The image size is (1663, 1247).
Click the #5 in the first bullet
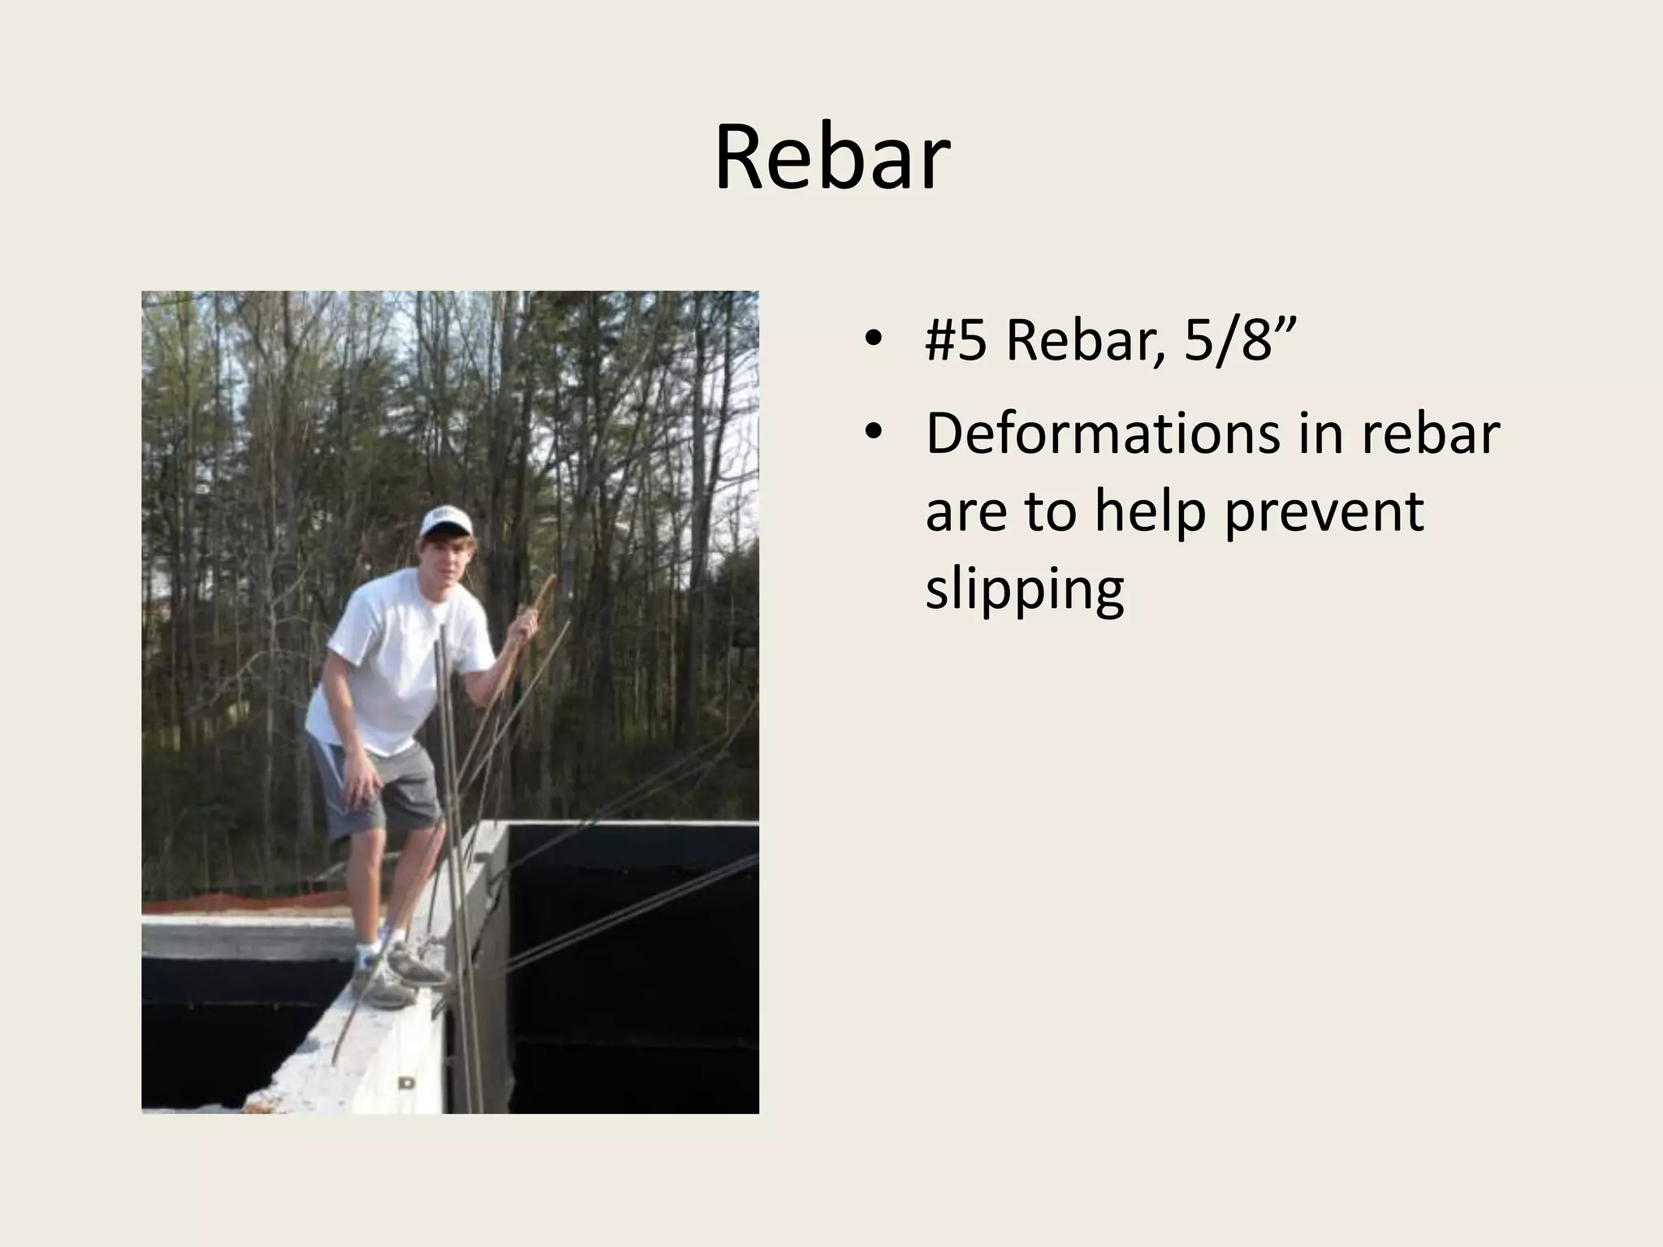(x=956, y=340)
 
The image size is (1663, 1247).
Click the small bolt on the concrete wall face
(x=406, y=1082)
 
